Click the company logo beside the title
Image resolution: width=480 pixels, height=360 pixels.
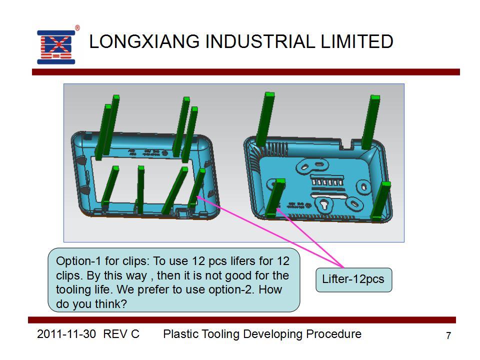pyautogui.click(x=56, y=47)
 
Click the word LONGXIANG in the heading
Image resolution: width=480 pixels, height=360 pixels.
pyautogui.click(x=144, y=41)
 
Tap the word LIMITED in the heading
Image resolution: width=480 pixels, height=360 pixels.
pyautogui.click(x=356, y=41)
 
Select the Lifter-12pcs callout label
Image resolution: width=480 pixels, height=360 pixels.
pyautogui.click(x=353, y=279)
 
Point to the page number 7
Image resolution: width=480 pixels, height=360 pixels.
pyautogui.click(x=448, y=335)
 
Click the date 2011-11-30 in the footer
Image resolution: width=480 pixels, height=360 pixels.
pyautogui.click(x=66, y=334)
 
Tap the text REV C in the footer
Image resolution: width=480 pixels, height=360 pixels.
pyautogui.click(x=121, y=334)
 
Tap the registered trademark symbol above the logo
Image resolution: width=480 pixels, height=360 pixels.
pyautogui.click(x=77, y=28)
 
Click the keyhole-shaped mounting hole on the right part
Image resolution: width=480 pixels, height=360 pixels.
pyautogui.click(x=324, y=204)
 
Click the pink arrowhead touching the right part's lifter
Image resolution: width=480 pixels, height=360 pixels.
pyautogui.click(x=279, y=210)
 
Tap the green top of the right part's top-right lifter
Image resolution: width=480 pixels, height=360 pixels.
pyautogui.click(x=375, y=97)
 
